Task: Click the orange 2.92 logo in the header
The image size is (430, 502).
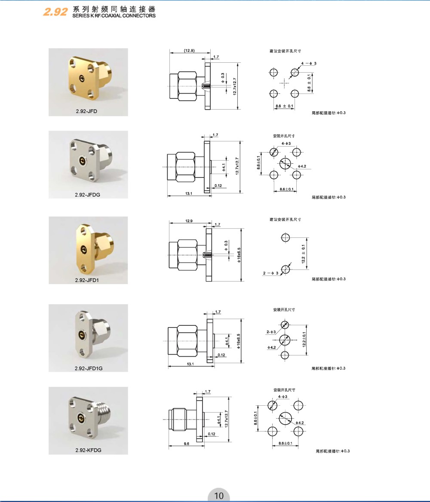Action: tap(55, 12)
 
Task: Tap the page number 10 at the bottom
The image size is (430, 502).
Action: tap(219, 496)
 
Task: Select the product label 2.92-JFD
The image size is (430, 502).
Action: tap(86, 111)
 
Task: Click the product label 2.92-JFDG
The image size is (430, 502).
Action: tap(87, 195)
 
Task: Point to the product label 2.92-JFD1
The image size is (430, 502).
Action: tap(87, 280)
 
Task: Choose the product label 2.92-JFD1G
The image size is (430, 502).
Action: tap(89, 368)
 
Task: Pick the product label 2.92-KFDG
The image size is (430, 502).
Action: tap(89, 450)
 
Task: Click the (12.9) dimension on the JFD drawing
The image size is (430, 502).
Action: tap(189, 51)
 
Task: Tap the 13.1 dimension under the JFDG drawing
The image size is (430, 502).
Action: tap(189, 193)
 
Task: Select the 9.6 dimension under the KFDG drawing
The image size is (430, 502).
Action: tap(187, 444)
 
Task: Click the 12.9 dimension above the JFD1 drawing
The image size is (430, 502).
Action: tap(189, 221)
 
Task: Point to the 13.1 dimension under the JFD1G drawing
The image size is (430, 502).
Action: tap(190, 364)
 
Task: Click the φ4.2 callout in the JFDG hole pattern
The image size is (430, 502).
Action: tap(302, 166)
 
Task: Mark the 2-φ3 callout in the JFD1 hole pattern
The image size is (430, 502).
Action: tap(271, 273)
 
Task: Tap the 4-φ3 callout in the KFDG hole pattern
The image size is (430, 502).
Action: tap(283, 396)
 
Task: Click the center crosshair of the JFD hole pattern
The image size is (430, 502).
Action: tap(284, 83)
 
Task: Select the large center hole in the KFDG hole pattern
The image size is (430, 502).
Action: tap(285, 419)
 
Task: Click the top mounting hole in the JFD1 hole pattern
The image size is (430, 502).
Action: tap(285, 238)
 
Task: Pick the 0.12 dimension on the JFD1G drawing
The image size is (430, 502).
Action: tap(221, 355)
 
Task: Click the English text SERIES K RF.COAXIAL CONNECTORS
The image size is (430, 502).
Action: tap(114, 15)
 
